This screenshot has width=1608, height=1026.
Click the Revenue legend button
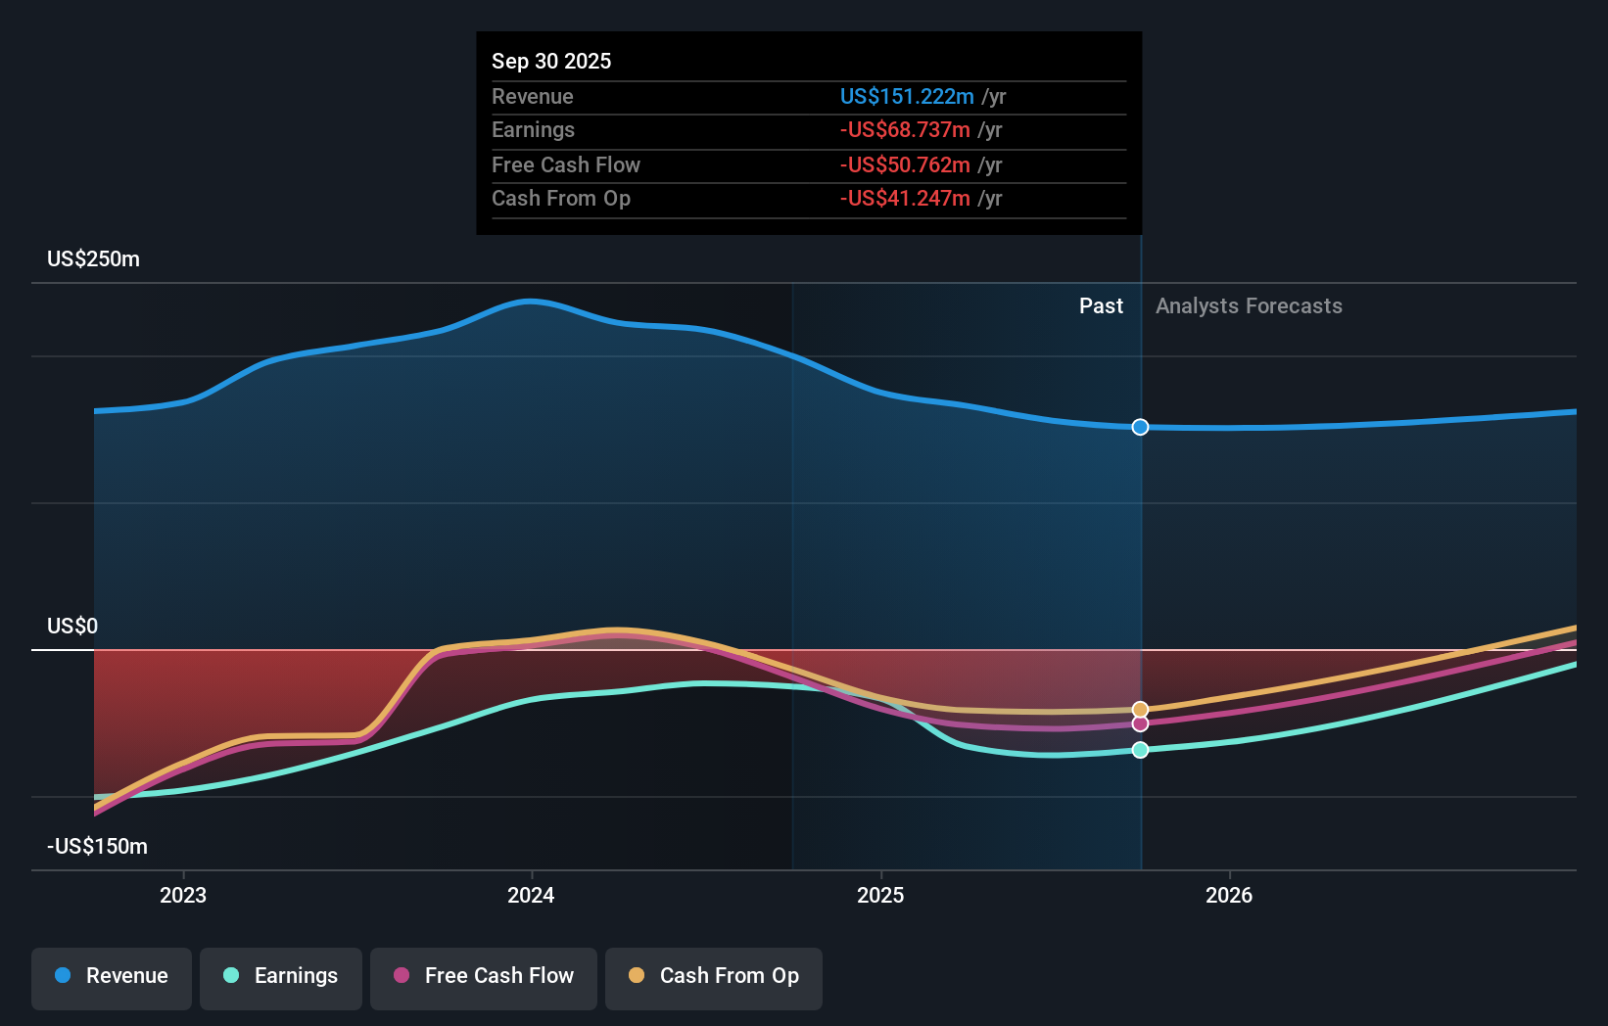[112, 976]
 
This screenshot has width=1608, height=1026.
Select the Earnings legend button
[281, 976]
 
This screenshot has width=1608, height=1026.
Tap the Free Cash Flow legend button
[484, 976]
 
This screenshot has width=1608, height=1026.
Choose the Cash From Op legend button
[714, 976]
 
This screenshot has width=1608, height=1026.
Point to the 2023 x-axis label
[183, 895]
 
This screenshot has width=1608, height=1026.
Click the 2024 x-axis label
[531, 895]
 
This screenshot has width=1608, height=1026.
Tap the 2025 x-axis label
[880, 895]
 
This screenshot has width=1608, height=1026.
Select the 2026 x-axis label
[1229, 895]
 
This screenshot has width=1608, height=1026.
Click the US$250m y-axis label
[93, 259]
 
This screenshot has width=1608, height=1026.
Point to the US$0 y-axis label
[72, 627]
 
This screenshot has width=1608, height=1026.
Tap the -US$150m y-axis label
[97, 847]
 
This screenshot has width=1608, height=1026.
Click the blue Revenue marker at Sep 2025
[1140, 427]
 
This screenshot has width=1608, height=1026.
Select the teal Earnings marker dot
[1140, 750]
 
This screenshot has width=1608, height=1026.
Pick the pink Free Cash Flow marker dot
[1140, 724]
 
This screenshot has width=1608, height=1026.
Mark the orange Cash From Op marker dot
[1140, 709]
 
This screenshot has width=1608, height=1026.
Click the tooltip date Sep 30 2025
[551, 61]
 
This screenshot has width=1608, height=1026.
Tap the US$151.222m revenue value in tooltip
[907, 96]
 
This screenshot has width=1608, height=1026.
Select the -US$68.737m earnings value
[905, 130]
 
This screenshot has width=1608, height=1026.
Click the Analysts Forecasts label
[1249, 306]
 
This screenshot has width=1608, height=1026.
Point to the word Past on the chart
[1101, 306]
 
